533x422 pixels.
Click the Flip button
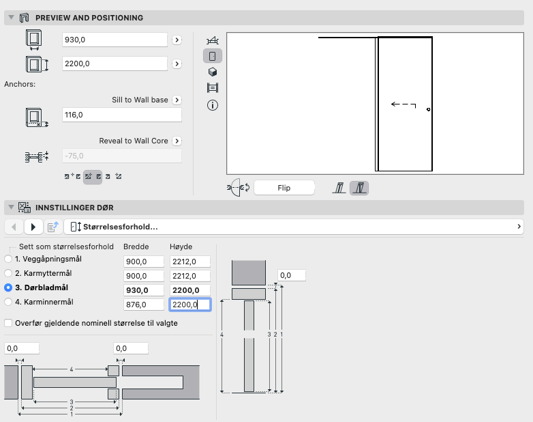coord(284,187)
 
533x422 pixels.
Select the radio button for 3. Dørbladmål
coord(8,287)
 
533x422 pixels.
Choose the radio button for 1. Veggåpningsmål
coord(8,259)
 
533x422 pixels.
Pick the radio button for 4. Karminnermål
coord(8,302)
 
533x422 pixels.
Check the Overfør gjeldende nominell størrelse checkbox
coord(8,323)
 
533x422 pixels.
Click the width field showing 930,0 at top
coord(115,40)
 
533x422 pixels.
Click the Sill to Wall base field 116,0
coord(121,115)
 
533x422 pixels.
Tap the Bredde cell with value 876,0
coord(144,305)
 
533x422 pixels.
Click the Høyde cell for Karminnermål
coord(189,305)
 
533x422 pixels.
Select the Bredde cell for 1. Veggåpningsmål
coord(144,262)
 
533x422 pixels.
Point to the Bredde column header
coord(136,247)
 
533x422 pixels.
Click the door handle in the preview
coord(427,109)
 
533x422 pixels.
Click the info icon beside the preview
coord(212,105)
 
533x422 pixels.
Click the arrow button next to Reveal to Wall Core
coord(176,141)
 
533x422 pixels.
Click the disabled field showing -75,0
coord(121,156)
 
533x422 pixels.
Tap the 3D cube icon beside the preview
coord(212,72)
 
